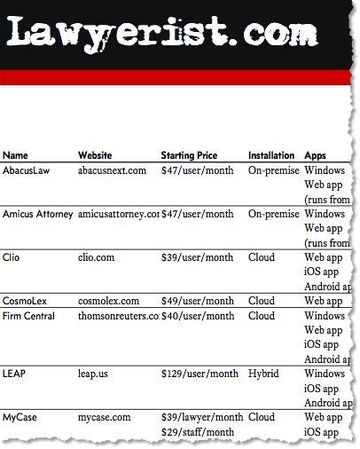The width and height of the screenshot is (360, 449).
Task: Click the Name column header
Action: [15, 155]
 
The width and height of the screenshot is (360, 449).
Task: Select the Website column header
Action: [95, 155]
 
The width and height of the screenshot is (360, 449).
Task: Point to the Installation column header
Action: [271, 155]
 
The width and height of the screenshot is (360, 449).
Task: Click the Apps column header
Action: [315, 155]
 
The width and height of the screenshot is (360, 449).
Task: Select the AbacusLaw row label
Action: [27, 169]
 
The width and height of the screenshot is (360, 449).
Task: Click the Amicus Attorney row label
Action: [38, 214]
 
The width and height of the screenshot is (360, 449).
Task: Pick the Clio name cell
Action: [12, 257]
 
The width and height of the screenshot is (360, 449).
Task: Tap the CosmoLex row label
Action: [27, 301]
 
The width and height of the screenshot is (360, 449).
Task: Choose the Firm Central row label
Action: [28, 316]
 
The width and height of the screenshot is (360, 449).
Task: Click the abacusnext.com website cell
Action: [112, 169]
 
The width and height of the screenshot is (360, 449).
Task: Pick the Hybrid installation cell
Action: [263, 374]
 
